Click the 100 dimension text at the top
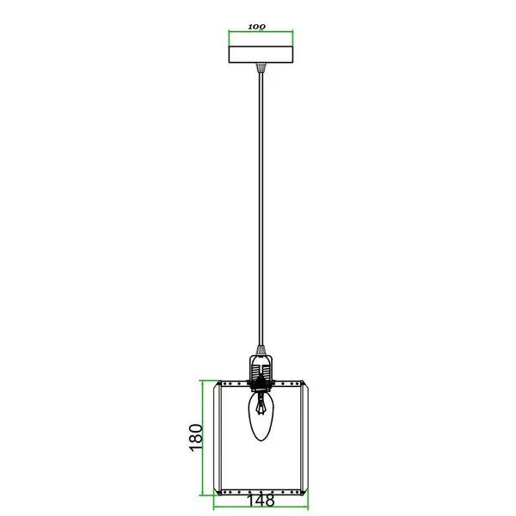(256, 27)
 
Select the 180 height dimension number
(195, 437)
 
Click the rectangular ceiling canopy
(261, 54)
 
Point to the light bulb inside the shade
(261, 419)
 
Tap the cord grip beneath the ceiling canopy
(261, 68)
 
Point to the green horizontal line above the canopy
(261, 33)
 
